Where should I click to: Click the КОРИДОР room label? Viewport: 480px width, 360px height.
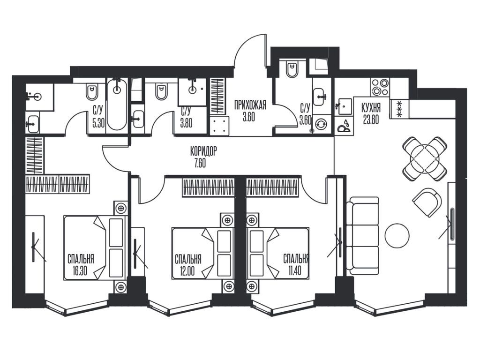pyautogui.click(x=203, y=151)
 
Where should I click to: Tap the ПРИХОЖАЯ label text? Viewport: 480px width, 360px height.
pyautogui.click(x=250, y=105)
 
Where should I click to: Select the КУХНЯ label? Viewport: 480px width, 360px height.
pyautogui.click(x=371, y=108)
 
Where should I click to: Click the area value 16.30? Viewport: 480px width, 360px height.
pyautogui.click(x=80, y=271)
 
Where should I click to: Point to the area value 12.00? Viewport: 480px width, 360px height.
pyautogui.click(x=187, y=271)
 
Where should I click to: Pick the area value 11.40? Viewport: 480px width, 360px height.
pyautogui.click(x=294, y=271)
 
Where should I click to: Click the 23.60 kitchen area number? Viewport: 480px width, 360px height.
pyautogui.click(x=371, y=120)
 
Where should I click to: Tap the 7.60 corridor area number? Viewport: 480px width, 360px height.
pyautogui.click(x=200, y=163)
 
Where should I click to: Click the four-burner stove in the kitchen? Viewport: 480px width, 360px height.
pyautogui.click(x=380, y=87)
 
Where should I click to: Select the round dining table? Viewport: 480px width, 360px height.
pyautogui.click(x=426, y=158)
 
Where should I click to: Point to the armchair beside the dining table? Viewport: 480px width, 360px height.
pyautogui.click(x=427, y=202)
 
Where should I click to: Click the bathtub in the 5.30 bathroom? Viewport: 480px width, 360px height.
pyautogui.click(x=117, y=104)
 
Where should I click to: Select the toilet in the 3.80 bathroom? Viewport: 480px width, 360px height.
pyautogui.click(x=161, y=91)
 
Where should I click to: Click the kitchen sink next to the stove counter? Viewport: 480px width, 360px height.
pyautogui.click(x=345, y=106)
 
